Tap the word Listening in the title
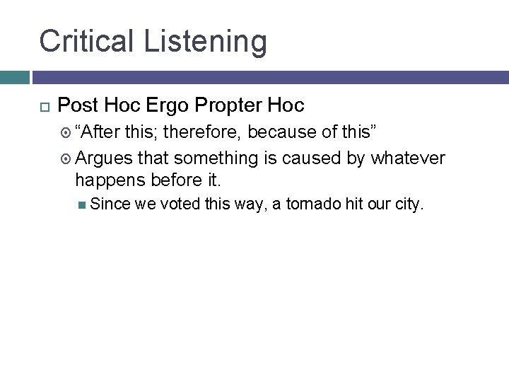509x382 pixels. [x=206, y=42]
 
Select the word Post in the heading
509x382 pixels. [x=77, y=106]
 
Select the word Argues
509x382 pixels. [x=105, y=158]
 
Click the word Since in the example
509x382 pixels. [x=110, y=205]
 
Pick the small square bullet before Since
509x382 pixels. [x=83, y=206]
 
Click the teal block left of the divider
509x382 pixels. [x=14, y=77]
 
